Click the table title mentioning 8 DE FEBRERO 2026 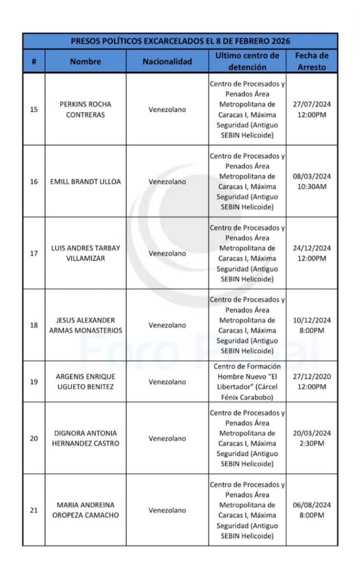tap(180, 41)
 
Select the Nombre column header tap(85, 61)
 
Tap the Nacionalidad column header tap(167, 61)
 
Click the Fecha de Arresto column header tap(312, 61)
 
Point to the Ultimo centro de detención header tap(247, 61)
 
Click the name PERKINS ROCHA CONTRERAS tap(85, 109)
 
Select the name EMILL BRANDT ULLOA tap(85, 181)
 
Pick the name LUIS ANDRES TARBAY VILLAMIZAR tap(85, 253)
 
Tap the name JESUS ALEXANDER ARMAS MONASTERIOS tap(85, 325)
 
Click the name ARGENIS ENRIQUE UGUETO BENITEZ tap(85, 382)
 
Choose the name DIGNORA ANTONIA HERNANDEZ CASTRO tap(85, 438)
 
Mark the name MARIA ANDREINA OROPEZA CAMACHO tap(85, 510)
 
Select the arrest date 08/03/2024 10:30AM tap(312, 181)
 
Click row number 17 tap(34, 253)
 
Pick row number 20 tap(34, 438)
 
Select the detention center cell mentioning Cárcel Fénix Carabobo tap(247, 382)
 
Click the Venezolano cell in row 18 tap(167, 325)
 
